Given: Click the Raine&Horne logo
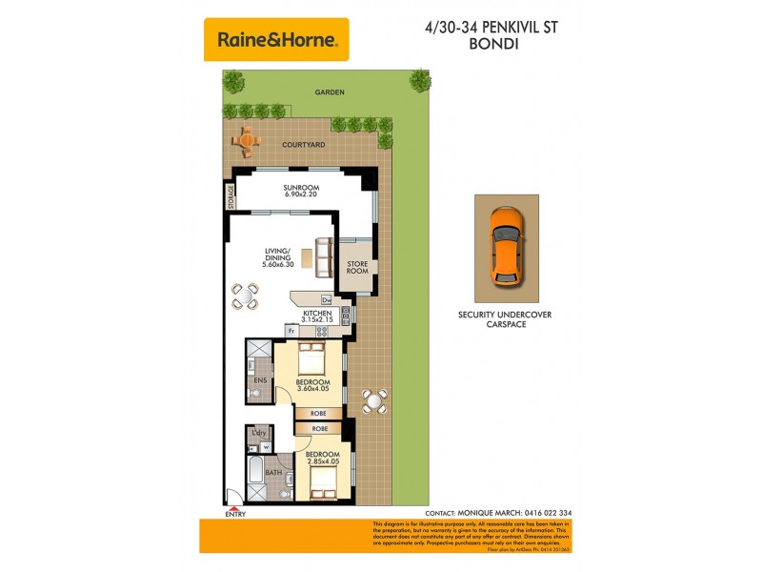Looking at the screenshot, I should [x=276, y=39].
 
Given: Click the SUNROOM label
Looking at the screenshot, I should [x=300, y=188].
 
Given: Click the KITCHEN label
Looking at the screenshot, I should [x=316, y=312].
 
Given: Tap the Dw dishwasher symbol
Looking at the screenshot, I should [x=325, y=299].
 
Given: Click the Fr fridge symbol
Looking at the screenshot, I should [x=291, y=331].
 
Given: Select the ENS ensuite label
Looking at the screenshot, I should [x=259, y=380].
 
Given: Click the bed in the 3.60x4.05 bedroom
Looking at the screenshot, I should [x=312, y=359].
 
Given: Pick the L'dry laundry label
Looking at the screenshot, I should [x=258, y=434].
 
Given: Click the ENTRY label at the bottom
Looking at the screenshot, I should [x=234, y=515].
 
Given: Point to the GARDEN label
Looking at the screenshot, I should [x=330, y=92].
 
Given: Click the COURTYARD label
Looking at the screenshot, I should [x=303, y=145].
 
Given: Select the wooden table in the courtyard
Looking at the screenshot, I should [x=247, y=141].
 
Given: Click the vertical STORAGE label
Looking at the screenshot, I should [x=231, y=195].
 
